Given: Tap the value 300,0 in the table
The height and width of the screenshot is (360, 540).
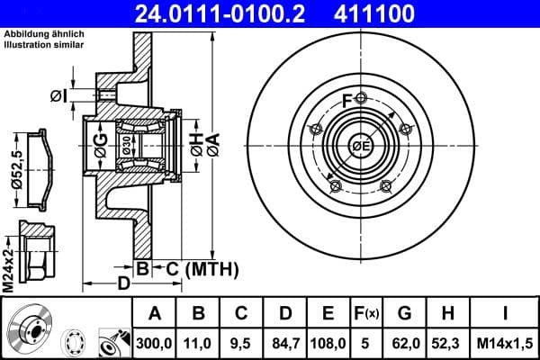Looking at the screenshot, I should click(x=154, y=342).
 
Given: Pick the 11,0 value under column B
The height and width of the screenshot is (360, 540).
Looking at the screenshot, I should click(x=199, y=342).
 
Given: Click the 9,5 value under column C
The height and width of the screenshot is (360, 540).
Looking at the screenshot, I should click(x=241, y=342).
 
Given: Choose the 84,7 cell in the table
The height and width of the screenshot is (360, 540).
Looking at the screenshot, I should click(x=285, y=342).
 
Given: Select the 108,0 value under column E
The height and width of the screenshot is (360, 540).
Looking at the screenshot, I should click(x=328, y=342).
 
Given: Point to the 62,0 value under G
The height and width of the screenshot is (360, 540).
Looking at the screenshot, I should click(x=404, y=342).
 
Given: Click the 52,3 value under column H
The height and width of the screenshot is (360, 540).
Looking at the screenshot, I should click(x=448, y=342).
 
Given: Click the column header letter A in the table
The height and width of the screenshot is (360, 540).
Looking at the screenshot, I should click(x=154, y=314).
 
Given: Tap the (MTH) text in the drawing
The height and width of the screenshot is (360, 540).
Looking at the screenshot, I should click(x=211, y=268).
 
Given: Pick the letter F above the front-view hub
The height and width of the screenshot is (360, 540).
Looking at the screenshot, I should click(x=347, y=100).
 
